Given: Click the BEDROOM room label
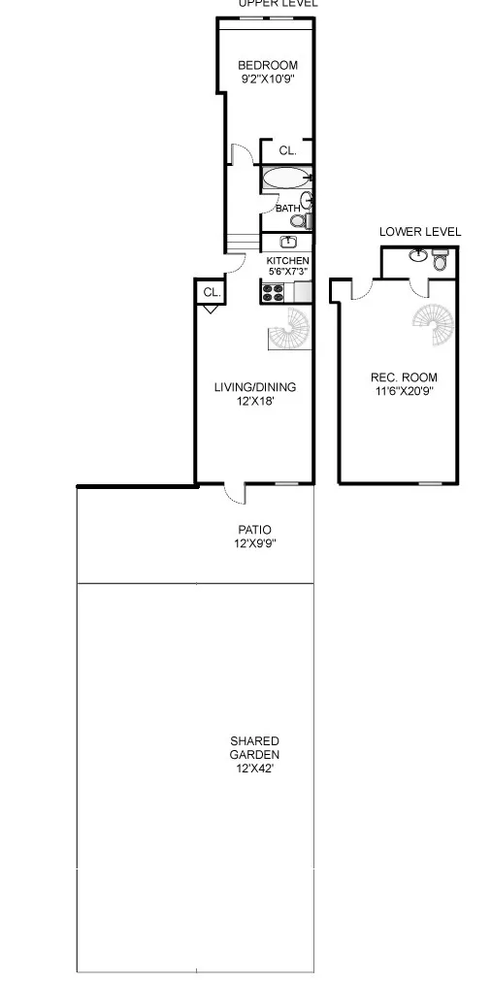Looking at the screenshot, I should click(x=268, y=66).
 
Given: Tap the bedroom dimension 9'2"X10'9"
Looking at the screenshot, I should click(x=268, y=81).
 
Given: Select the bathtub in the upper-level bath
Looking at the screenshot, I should click(x=284, y=178).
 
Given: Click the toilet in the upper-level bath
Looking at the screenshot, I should click(x=298, y=221).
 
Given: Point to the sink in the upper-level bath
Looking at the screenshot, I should click(x=307, y=201).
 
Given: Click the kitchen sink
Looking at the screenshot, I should click(x=288, y=242).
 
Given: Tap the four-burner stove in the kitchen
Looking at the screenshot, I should click(x=271, y=290).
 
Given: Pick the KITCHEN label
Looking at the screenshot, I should click(x=288, y=261).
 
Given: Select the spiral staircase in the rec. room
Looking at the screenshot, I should click(x=433, y=325).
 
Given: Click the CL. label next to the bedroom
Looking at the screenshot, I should click(x=287, y=151).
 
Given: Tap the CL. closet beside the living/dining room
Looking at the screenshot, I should click(x=211, y=292).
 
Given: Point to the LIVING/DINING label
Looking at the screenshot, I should click(x=255, y=387).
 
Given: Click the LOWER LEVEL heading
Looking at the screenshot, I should click(x=420, y=232).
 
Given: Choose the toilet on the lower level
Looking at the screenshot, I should click(x=440, y=259).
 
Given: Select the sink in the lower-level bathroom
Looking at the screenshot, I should click(x=418, y=256).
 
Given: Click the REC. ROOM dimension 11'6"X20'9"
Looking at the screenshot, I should click(x=404, y=392).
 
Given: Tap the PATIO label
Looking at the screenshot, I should click(x=255, y=530).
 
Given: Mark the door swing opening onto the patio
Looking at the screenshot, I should click(x=233, y=494).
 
